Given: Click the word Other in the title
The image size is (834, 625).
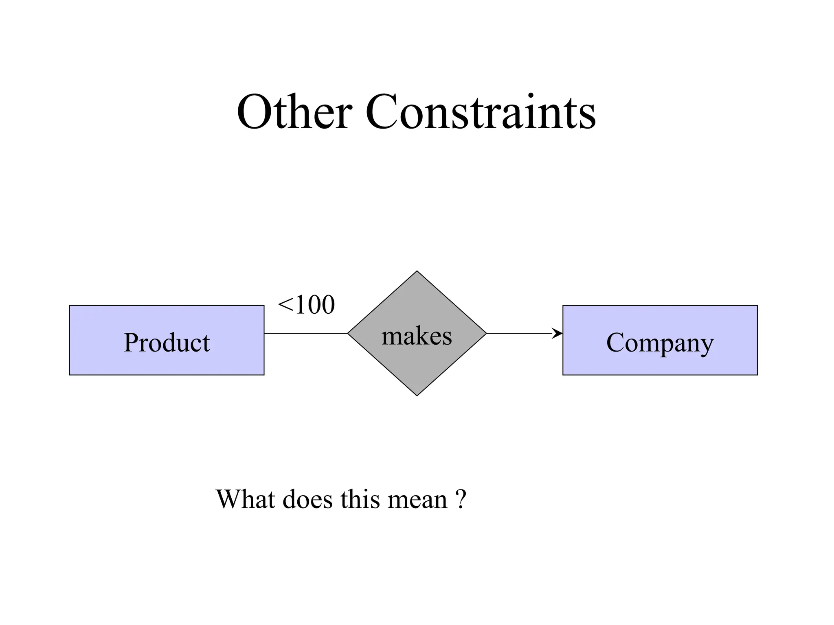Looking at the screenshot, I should click(x=294, y=111).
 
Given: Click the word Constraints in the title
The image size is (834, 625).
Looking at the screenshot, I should click(x=481, y=111).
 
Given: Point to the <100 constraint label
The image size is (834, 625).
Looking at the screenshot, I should click(x=306, y=305).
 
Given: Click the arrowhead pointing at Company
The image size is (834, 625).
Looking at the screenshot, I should click(x=557, y=333).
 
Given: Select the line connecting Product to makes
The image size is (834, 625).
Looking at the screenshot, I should click(x=305, y=333).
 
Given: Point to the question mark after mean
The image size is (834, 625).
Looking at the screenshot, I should click(x=460, y=499).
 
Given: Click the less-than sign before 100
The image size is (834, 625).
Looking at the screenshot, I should click(x=285, y=305).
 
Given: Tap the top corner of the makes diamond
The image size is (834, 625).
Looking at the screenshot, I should click(x=417, y=272).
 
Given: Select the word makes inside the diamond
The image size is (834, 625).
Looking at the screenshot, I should click(x=417, y=337).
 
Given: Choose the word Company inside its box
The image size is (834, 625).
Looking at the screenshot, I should click(x=660, y=343).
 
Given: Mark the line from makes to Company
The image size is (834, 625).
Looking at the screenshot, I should click(x=521, y=333).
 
